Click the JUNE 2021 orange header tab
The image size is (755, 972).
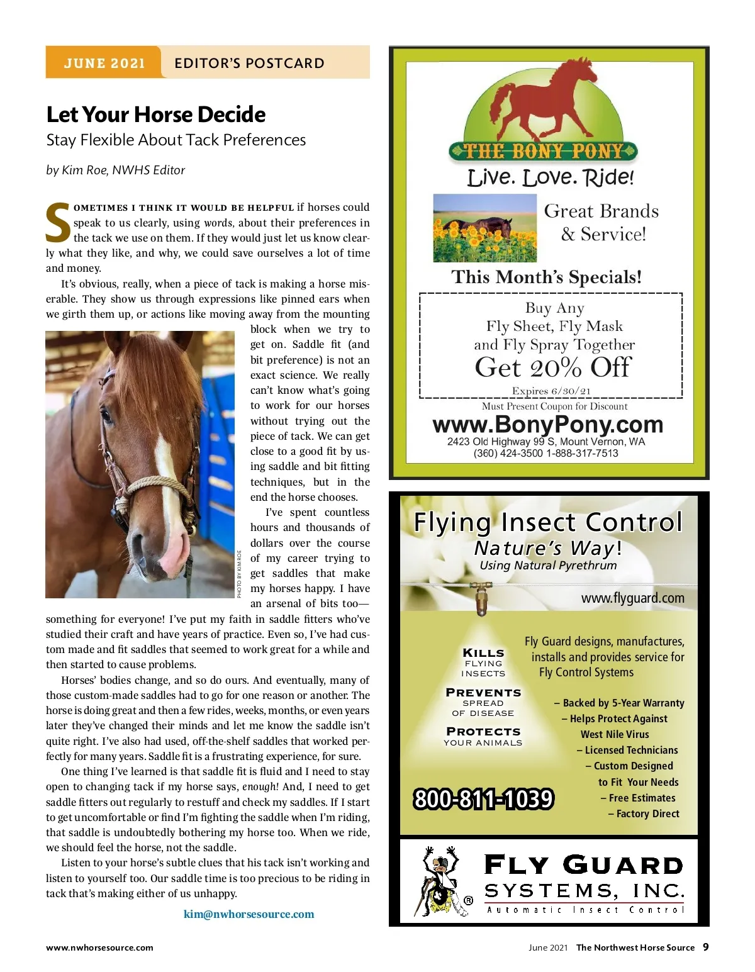pyautogui.click(x=104, y=63)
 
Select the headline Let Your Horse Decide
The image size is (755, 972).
pyautogui.click(x=156, y=115)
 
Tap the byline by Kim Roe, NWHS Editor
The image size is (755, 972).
pyautogui.click(x=115, y=170)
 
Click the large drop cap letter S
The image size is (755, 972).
pyautogui.click(x=58, y=223)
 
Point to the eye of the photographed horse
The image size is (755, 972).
pyautogui.click(x=106, y=416)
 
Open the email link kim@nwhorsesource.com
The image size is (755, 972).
pyautogui.click(x=249, y=914)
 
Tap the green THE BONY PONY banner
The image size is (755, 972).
pyautogui.click(x=543, y=151)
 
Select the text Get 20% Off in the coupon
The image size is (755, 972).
pyautogui.click(x=552, y=367)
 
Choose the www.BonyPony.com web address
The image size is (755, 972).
pyautogui.click(x=547, y=425)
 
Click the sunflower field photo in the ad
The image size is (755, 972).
pyautogui.click(x=484, y=228)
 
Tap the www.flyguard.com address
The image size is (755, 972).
pyautogui.click(x=632, y=598)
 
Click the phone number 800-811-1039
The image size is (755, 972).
pyautogui.click(x=483, y=799)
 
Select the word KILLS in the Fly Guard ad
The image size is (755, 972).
pyautogui.click(x=483, y=653)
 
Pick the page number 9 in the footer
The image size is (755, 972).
pyautogui.click(x=705, y=947)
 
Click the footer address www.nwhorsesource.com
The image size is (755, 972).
pyautogui.click(x=99, y=947)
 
